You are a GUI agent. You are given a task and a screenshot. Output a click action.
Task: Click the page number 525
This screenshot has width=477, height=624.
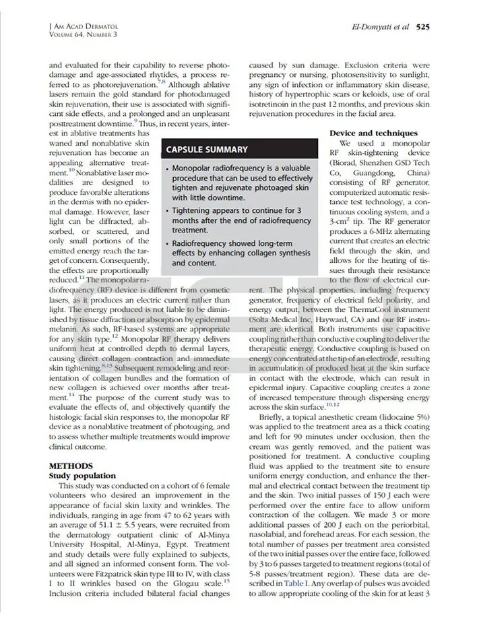[x=422, y=27]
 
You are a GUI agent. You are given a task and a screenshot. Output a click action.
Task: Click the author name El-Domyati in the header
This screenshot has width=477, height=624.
[x=371, y=27]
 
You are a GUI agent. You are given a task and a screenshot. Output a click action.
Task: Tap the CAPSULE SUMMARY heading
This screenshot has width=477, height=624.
[x=207, y=150]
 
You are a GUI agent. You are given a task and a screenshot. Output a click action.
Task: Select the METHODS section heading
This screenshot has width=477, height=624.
[x=71, y=466]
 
